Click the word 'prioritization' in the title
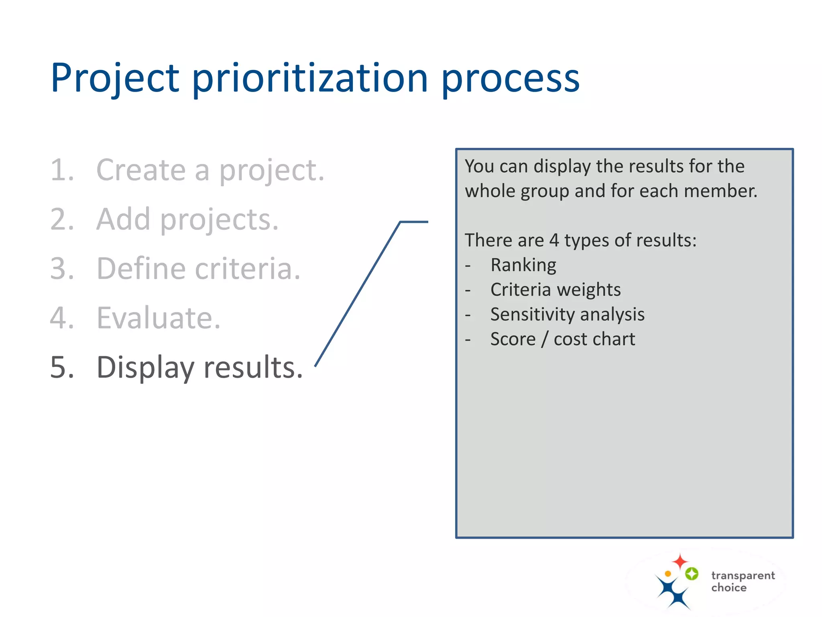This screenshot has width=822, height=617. (310, 78)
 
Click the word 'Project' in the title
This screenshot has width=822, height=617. (115, 78)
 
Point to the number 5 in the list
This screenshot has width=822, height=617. (62, 368)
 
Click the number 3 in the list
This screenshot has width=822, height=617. (62, 269)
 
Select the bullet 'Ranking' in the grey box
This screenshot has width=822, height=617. (523, 265)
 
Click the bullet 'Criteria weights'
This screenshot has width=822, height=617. (555, 290)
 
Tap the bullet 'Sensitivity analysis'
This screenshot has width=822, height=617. (567, 315)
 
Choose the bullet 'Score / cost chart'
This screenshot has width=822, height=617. (562, 339)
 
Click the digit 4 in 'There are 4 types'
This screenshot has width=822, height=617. (554, 241)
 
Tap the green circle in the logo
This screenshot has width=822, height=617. (692, 574)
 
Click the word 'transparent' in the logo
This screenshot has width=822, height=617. (743, 576)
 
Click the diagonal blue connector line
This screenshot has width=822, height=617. (357, 294)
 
